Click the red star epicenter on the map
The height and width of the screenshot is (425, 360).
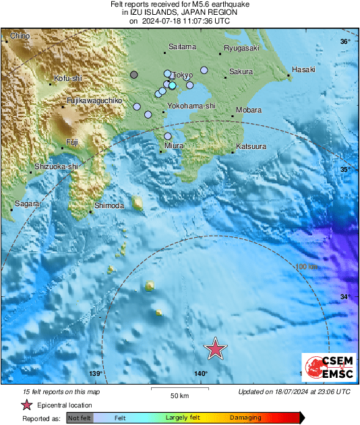pos(215,349)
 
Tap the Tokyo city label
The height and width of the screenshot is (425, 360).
pos(183,75)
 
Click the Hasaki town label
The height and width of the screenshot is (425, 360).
pos(304,70)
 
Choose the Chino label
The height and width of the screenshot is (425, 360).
pos(20,35)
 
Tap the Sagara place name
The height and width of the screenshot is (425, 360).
pos(27,203)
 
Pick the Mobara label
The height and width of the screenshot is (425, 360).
pos(249,110)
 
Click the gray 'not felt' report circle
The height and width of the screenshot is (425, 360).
pos(134,75)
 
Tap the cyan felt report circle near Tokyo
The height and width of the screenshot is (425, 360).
pos(173,86)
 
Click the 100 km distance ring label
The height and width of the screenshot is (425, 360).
pos(307,267)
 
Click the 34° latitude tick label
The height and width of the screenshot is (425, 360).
pos(345,297)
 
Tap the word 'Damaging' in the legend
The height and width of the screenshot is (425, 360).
pos(246,418)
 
